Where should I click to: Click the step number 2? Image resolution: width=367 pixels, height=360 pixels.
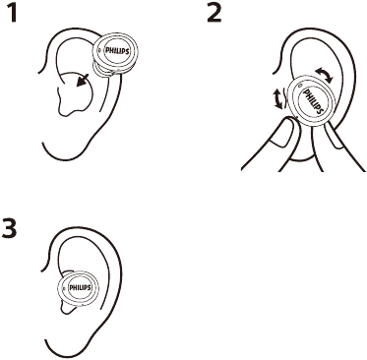213,17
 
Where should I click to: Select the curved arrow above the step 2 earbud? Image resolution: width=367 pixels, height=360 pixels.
323,75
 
